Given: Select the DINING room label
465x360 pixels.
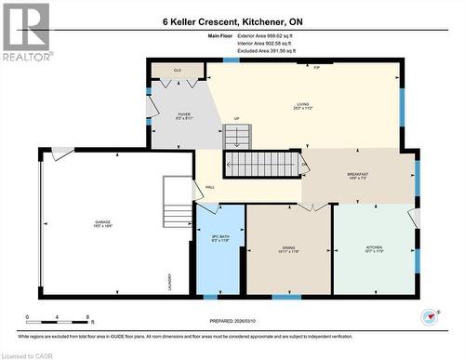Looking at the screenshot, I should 288,249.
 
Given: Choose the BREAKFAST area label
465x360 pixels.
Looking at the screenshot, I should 358,176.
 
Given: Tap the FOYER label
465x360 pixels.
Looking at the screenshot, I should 183,115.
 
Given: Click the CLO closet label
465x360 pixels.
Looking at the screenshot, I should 178,70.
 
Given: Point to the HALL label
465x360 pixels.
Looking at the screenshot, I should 211,186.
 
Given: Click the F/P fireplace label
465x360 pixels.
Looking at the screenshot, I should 316,68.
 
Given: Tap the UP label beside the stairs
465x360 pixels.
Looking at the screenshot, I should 236,119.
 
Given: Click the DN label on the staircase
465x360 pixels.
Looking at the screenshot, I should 303,166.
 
